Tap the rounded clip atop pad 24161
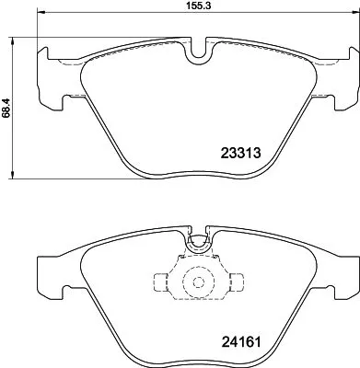(x=196, y=243)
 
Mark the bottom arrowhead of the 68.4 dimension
(x=11, y=178)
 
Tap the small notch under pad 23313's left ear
(x=62, y=98)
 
